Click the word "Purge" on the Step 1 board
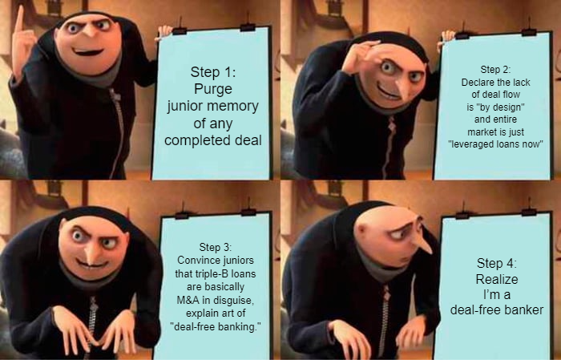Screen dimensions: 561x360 click(213, 89)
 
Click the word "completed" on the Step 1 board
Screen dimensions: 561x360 click(197, 140)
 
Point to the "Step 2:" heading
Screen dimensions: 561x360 click(495, 70)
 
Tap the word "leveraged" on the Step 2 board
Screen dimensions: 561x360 click(472, 144)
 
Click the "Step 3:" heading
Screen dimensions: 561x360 click(215, 247)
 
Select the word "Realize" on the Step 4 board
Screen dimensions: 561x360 click(497, 279)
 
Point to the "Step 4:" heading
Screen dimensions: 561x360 click(497, 263)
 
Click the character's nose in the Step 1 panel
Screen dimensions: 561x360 click(87, 31)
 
